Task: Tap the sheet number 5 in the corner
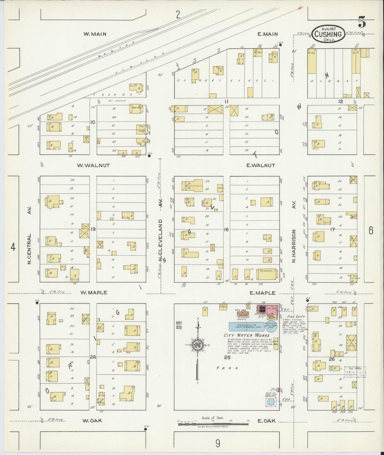point(362,22)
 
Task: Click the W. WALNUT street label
point(93,165)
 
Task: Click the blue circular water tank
point(271,402)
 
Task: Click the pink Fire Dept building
point(267,309)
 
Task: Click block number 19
point(93,229)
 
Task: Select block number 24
point(93,357)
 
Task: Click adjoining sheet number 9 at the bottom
point(218,443)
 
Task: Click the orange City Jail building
point(243,314)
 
